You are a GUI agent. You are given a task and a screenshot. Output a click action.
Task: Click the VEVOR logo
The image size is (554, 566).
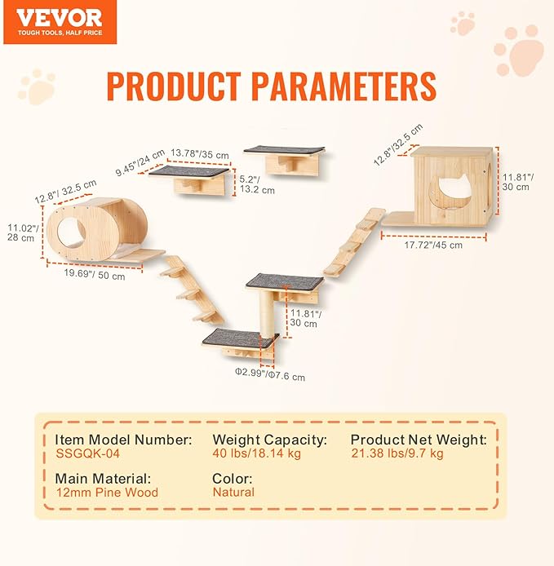pos(58,18)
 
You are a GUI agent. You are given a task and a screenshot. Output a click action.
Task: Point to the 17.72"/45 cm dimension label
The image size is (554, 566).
pos(434,244)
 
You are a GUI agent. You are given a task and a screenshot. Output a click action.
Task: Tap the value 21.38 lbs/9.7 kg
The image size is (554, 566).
pos(397,453)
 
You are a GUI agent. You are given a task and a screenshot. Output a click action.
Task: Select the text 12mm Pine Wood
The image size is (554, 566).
pos(107,492)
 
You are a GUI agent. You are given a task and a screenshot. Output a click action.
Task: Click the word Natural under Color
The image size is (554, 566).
pos(233,492)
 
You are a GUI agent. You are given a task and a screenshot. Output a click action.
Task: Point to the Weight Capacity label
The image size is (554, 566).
pos(269,440)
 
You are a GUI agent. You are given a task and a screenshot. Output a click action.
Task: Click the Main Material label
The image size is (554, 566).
pos(104,478)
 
